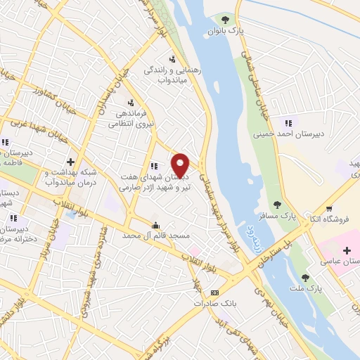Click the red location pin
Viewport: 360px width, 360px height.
pos(181,165)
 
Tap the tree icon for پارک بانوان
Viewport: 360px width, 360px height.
pos(225,19)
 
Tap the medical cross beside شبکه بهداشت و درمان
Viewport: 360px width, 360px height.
pos(70,162)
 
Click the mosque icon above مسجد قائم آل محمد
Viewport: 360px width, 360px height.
pos(155,225)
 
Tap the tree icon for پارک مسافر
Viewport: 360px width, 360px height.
pos(278,205)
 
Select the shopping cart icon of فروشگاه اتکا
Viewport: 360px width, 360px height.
pos(330,208)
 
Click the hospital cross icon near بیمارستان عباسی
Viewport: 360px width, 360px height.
pos(347,250)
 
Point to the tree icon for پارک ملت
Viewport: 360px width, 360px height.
pos(304,278)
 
